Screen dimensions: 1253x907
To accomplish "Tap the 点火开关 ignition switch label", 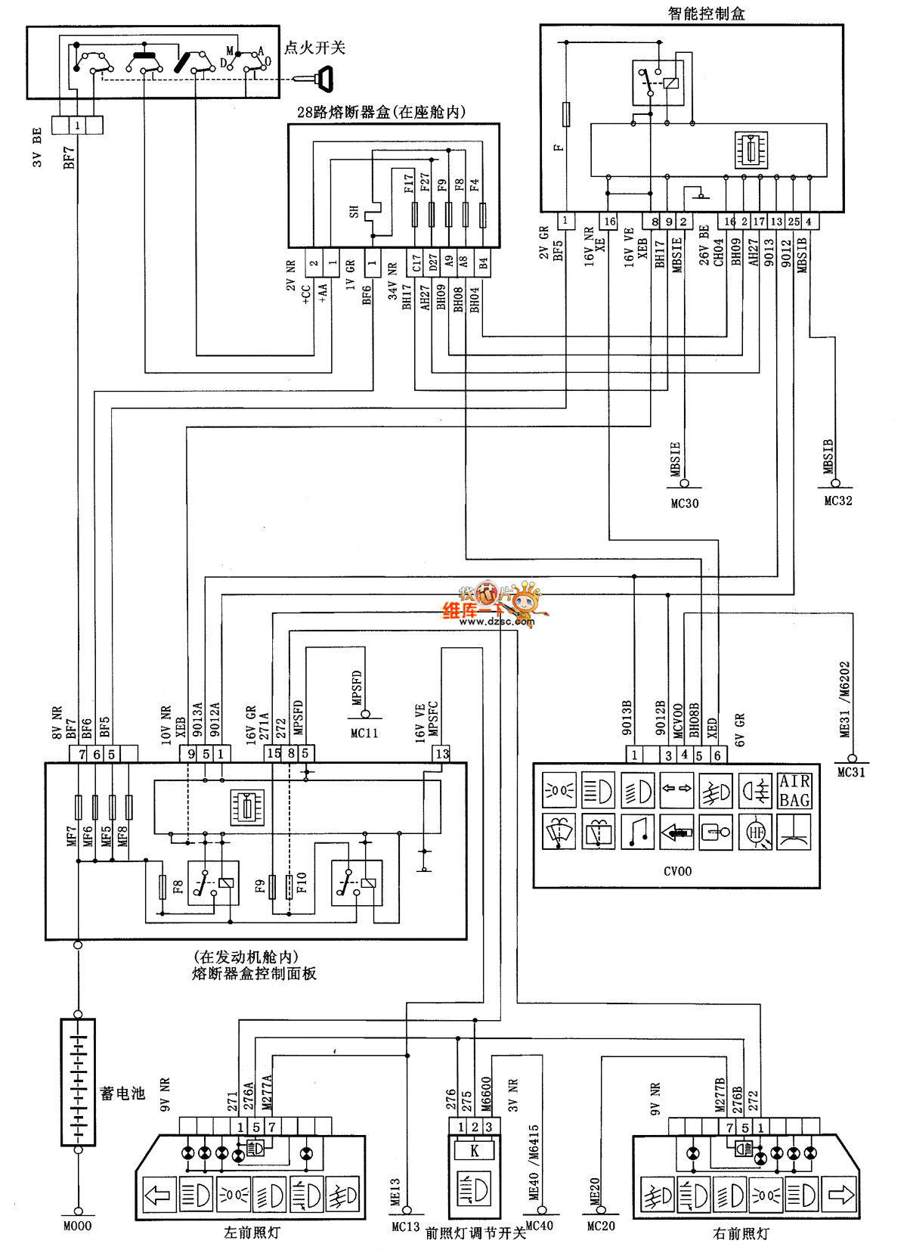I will click(x=314, y=48).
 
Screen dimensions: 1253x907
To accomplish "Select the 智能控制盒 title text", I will click(x=706, y=13).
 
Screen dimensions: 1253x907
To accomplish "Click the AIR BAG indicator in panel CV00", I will click(x=794, y=790).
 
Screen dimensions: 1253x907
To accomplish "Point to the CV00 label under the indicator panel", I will click(x=677, y=871).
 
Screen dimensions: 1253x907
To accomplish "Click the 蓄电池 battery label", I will click(x=122, y=1093).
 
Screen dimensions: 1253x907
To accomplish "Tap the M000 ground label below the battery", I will click(x=77, y=1227).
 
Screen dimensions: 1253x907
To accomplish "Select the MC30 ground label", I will click(x=685, y=504).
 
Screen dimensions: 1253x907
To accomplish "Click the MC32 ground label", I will click(x=837, y=501).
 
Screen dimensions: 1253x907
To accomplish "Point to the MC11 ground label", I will click(x=364, y=733).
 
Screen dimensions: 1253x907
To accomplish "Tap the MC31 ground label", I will click(x=851, y=772).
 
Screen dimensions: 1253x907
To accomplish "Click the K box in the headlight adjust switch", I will click(x=474, y=1151).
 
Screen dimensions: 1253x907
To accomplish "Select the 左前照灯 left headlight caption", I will click(x=252, y=1233).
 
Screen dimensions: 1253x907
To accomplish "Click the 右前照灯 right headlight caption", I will click(x=741, y=1233).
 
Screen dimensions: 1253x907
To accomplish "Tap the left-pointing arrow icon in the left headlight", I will click(x=159, y=1196).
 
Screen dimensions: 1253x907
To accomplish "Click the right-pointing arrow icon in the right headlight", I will click(x=840, y=1195).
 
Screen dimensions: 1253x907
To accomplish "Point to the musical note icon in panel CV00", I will click(x=637, y=832).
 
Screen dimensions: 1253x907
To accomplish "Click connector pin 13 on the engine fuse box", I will click(x=442, y=754).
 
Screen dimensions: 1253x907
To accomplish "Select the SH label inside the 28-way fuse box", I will click(x=354, y=212).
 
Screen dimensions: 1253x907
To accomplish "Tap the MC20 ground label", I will click(x=601, y=1227).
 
